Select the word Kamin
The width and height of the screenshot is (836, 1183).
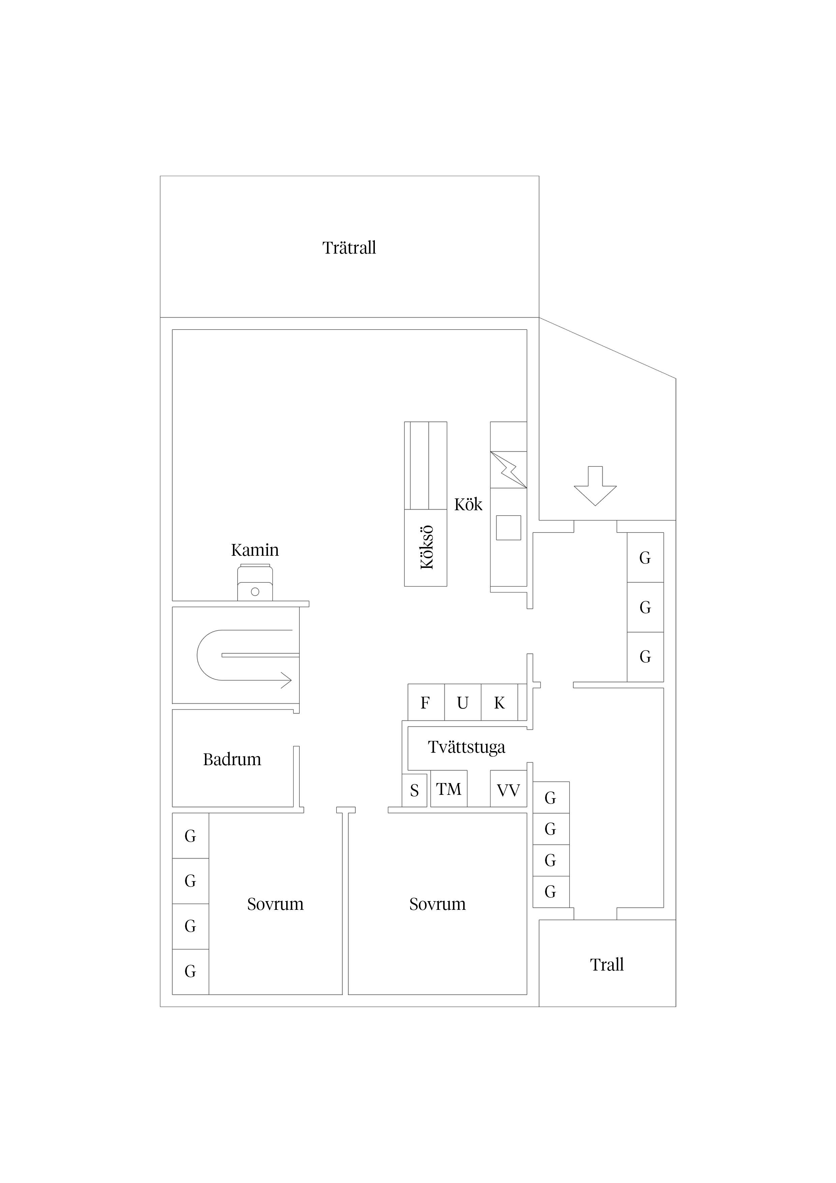[255, 550]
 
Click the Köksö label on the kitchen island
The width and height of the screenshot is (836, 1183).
[426, 547]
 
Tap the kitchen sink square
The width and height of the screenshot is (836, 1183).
[508, 528]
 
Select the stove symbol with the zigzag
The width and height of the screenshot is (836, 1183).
[508, 469]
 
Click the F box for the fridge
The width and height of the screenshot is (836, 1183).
[425, 703]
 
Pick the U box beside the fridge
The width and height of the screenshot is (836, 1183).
[462, 703]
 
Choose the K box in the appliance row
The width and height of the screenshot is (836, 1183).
[499, 703]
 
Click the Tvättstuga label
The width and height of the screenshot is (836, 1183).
[466, 747]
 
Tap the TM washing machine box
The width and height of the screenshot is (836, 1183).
[449, 789]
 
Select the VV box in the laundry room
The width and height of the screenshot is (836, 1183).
[508, 790]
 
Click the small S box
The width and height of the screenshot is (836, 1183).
[414, 791]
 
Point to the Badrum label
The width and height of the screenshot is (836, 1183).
[232, 759]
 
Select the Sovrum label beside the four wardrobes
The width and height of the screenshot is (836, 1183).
[275, 904]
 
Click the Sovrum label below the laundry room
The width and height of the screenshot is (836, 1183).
[437, 904]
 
